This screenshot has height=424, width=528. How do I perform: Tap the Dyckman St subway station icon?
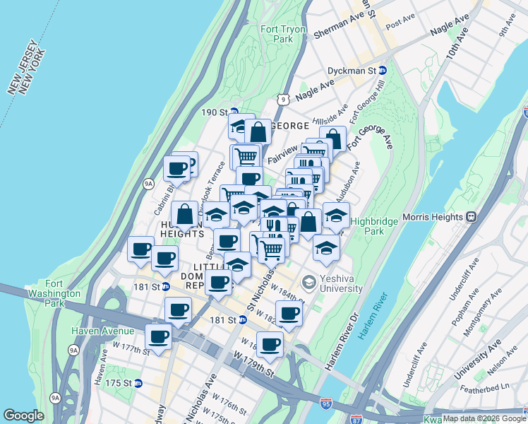(383, 71)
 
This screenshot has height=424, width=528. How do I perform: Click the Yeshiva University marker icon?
(308, 283)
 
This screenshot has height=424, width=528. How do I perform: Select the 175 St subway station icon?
(138, 383)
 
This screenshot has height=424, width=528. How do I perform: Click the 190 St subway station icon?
(234, 112)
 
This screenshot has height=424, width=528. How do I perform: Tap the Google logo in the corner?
(23, 416)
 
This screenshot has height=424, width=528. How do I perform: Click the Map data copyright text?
(484, 418)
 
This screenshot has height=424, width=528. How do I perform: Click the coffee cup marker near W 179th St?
(270, 344)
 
